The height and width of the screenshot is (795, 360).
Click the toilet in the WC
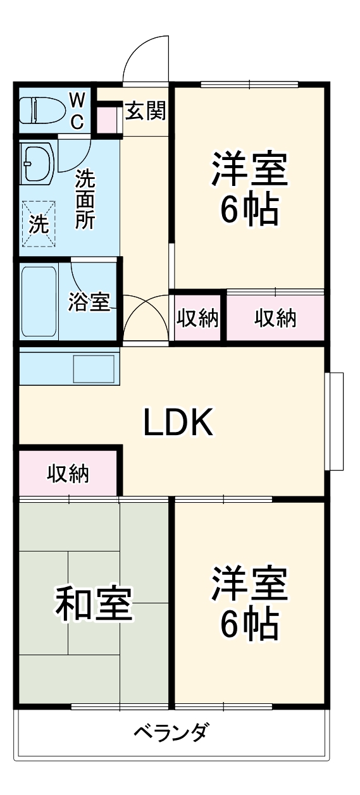tap(41, 110)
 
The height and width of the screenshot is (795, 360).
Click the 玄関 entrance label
tap(145, 111)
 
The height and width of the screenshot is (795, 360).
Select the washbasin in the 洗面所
tap(37, 164)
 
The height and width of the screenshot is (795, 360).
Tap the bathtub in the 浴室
tap(39, 302)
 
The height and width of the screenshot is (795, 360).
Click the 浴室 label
tap(89, 302)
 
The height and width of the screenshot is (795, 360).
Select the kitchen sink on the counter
tap(94, 369)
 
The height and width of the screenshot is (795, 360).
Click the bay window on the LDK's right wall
tap(334, 421)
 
